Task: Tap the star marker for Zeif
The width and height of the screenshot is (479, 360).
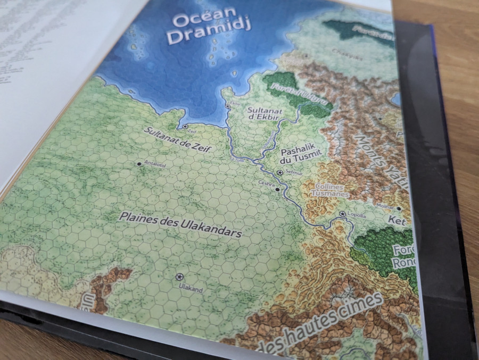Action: [185, 127]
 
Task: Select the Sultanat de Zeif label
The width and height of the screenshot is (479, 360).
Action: [175, 140]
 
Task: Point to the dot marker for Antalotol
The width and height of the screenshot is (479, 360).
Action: [139, 164]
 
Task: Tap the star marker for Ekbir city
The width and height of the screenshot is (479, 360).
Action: [228, 107]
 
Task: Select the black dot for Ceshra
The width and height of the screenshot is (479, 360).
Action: [277, 189]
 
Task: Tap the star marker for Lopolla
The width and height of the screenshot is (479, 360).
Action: [342, 214]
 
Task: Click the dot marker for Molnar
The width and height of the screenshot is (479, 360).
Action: [398, 209]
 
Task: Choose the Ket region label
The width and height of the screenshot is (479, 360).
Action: [397, 221]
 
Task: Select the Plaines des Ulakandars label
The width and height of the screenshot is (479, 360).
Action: [181, 225]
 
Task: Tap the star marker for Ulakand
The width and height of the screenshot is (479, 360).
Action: [179, 277]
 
